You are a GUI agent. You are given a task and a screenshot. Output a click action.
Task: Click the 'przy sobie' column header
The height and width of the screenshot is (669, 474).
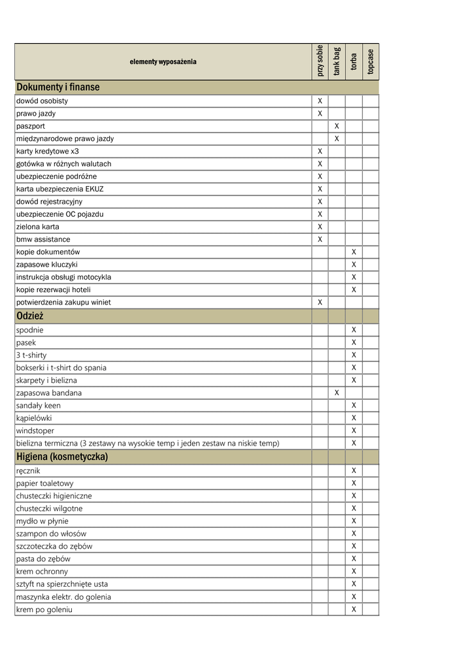click(x=320, y=61)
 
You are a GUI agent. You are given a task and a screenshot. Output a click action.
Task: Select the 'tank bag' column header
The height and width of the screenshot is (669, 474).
click(x=337, y=61)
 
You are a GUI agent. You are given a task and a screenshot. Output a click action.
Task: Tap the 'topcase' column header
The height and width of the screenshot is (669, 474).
click(x=371, y=61)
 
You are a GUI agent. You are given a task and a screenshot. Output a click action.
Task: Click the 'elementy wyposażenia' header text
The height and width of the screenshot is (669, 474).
click(x=163, y=62)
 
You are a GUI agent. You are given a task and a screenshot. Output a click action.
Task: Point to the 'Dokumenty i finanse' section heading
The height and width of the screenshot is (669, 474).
click(x=58, y=88)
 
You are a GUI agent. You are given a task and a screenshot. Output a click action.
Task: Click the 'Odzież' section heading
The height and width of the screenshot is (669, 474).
click(x=30, y=316)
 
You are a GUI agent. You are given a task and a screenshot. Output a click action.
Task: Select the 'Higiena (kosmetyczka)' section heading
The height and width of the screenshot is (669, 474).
click(x=62, y=457)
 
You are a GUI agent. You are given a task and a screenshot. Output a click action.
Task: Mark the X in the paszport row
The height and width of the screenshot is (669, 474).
click(x=337, y=126)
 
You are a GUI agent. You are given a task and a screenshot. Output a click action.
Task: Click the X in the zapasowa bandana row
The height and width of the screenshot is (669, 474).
click(x=337, y=393)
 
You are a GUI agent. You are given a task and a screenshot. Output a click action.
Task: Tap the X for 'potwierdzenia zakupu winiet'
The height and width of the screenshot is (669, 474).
click(x=320, y=302)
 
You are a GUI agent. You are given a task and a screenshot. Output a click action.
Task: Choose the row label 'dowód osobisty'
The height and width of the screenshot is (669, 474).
click(x=42, y=101)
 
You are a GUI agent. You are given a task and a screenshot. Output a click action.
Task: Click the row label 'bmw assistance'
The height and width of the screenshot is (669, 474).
click(x=43, y=240)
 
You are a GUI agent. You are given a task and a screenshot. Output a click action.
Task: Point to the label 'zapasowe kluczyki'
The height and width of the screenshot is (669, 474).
click(x=47, y=265)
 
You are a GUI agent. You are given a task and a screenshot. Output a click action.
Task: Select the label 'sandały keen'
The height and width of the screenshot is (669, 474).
click(x=39, y=406)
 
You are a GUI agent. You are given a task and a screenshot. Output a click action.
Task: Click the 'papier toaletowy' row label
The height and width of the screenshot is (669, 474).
click(x=45, y=483)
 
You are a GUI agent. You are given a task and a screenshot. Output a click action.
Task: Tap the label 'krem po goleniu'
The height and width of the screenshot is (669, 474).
click(x=44, y=610)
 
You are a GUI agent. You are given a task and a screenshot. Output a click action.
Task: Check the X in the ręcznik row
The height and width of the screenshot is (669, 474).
click(x=354, y=470)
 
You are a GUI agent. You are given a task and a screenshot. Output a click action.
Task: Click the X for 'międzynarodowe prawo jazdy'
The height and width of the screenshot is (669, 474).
click(x=337, y=139)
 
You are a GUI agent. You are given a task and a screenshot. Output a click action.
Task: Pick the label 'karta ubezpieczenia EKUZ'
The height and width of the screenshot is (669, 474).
click(x=60, y=189)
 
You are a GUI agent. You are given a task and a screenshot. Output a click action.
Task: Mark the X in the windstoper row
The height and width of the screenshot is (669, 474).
click(x=354, y=431)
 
